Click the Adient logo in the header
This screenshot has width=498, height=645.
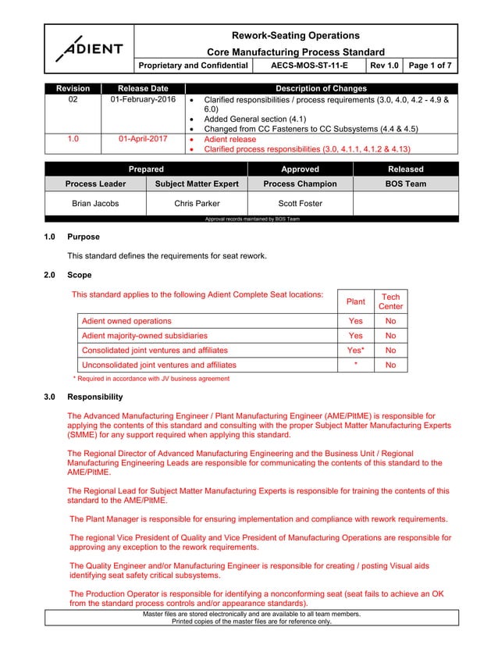(88, 48)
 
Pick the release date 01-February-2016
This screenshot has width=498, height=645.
(143, 101)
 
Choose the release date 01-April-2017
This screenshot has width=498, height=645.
(144, 138)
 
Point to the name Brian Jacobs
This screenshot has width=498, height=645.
(95, 204)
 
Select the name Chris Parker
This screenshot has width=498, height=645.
(197, 204)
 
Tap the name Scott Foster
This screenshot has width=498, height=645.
(300, 204)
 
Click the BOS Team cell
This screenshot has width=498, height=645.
(405, 184)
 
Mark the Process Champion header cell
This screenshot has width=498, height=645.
(300, 184)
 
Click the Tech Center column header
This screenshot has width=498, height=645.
(390, 301)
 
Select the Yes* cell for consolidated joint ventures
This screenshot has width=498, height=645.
(355, 351)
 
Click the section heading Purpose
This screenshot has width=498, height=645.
(84, 237)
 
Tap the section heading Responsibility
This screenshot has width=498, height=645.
(94, 397)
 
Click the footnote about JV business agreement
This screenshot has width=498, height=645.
(151, 379)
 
